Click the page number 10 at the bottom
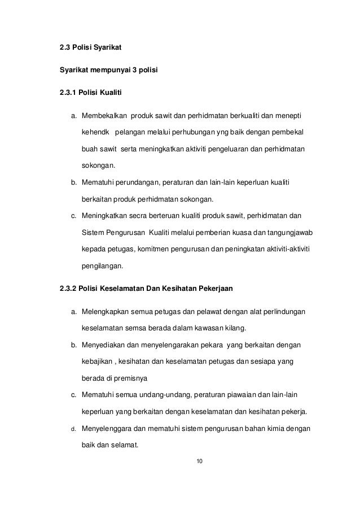198,461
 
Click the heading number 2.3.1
68,91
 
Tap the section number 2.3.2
68,290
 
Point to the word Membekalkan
104,117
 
